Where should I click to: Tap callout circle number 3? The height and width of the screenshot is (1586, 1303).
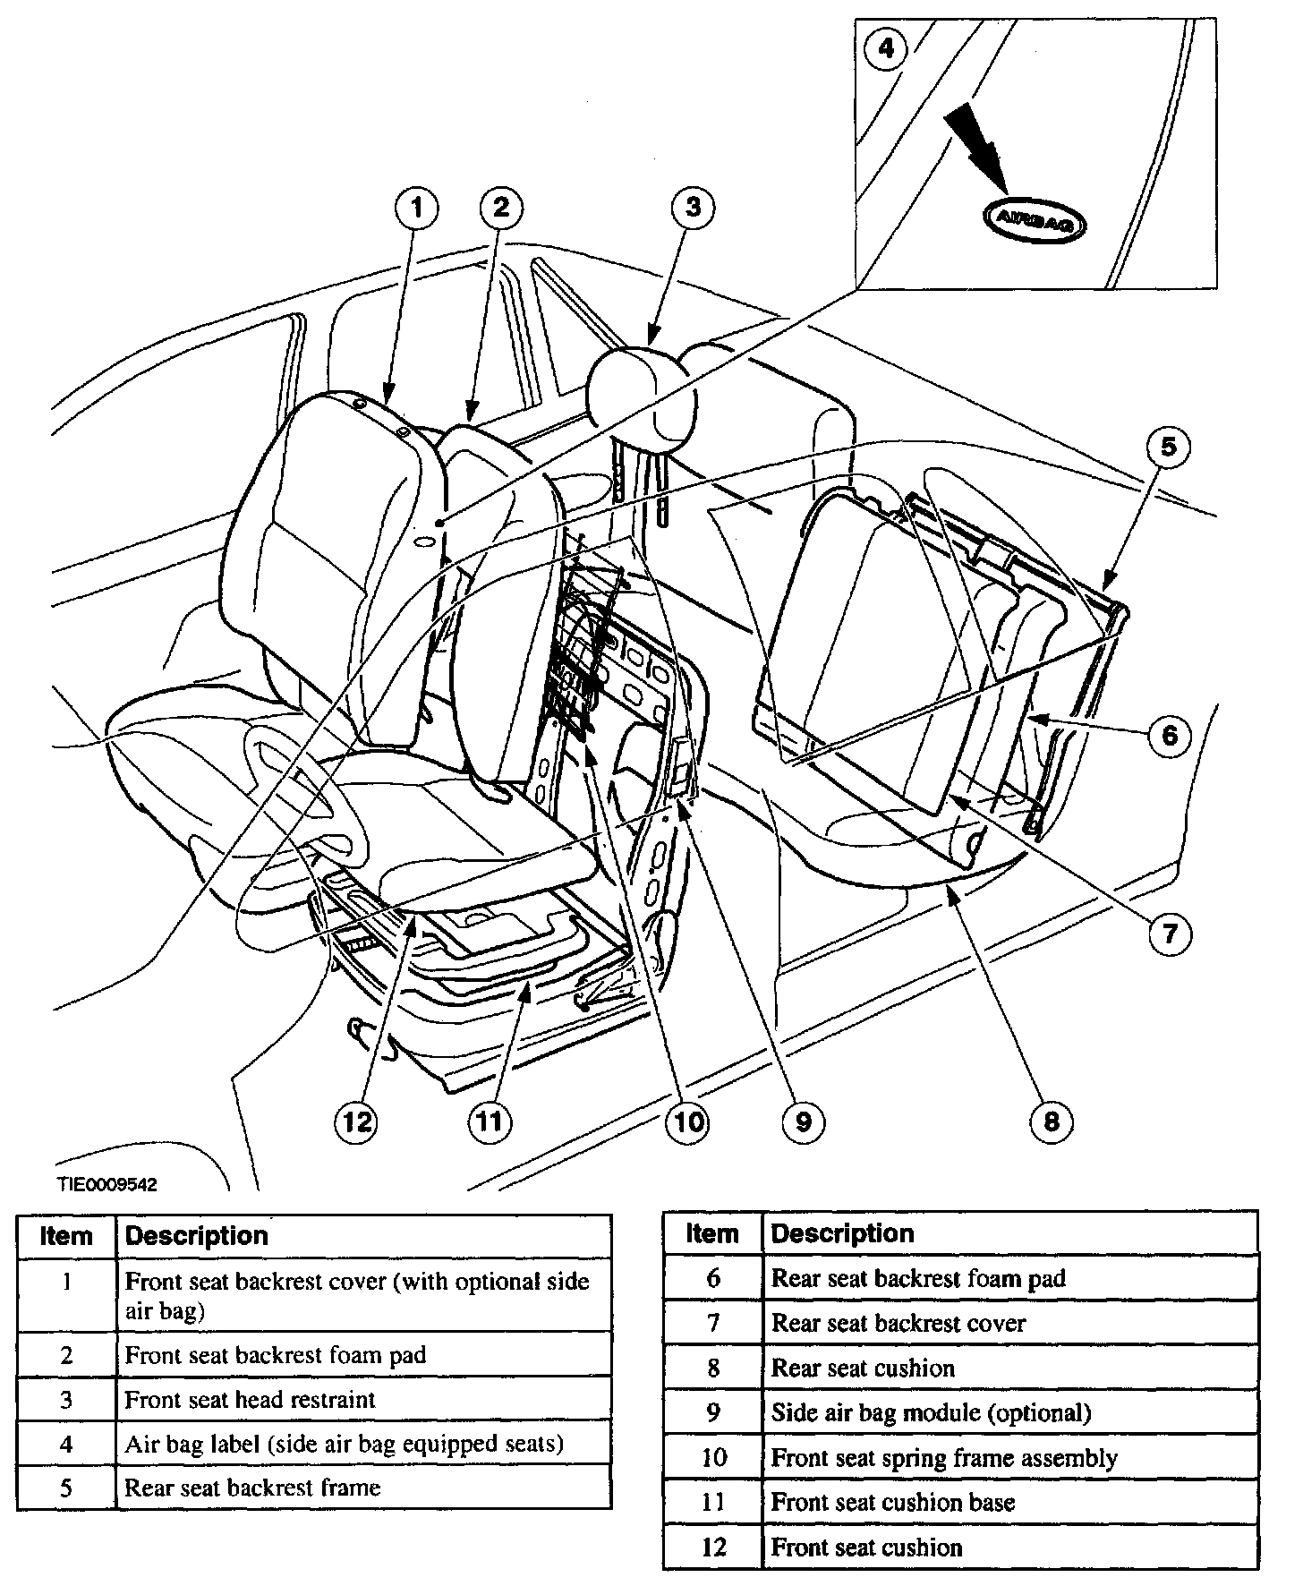(x=694, y=209)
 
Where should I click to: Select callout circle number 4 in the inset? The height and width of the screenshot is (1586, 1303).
(x=885, y=47)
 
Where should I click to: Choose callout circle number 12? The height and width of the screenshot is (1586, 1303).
(x=356, y=1121)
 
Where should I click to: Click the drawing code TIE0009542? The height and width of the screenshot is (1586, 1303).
(x=107, y=1184)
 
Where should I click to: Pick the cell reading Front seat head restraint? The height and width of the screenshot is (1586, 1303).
(x=250, y=1399)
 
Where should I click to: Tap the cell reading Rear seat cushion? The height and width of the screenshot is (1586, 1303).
(x=863, y=1369)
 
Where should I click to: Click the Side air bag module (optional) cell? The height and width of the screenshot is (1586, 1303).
(x=931, y=1413)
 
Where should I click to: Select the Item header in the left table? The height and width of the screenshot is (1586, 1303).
(x=66, y=1236)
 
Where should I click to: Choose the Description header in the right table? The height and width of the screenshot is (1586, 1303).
(x=842, y=1233)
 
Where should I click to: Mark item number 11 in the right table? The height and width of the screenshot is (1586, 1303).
(x=712, y=1503)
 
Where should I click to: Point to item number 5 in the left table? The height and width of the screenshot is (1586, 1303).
(x=66, y=1488)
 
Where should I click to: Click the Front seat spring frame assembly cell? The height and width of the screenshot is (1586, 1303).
(x=944, y=1458)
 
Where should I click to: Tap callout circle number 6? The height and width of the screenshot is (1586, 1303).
(x=1169, y=736)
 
